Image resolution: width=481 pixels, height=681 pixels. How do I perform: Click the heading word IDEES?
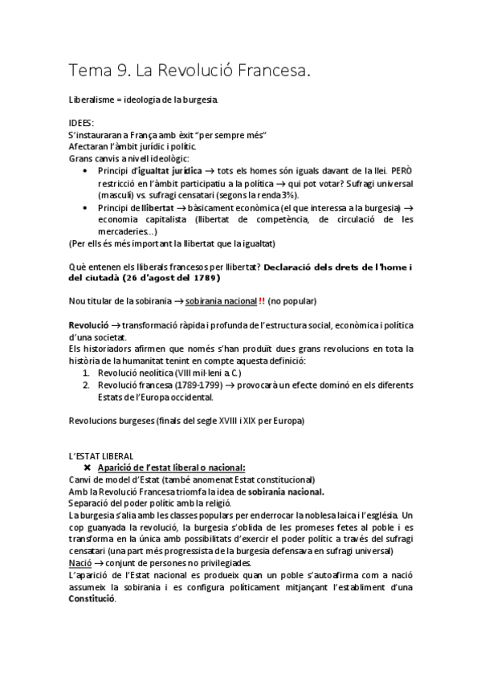pos(81,124)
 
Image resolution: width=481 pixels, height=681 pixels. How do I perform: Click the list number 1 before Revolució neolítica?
pos(87,373)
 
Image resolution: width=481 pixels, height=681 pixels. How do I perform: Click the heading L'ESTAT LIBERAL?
pos(101,456)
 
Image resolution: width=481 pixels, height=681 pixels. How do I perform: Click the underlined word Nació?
pos(81,563)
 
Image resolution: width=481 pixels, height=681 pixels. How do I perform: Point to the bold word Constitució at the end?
pos(92,599)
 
